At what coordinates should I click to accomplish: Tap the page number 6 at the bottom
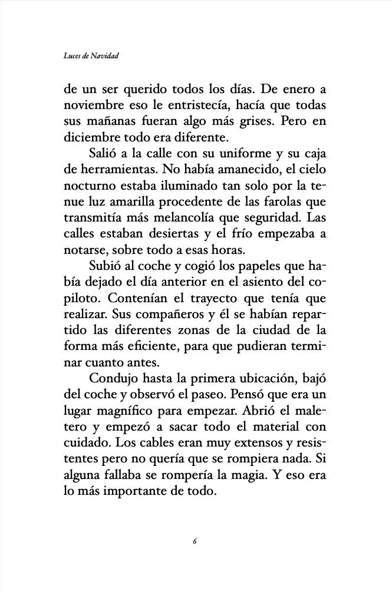[x=195, y=541]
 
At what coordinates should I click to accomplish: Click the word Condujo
[x=114, y=378]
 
